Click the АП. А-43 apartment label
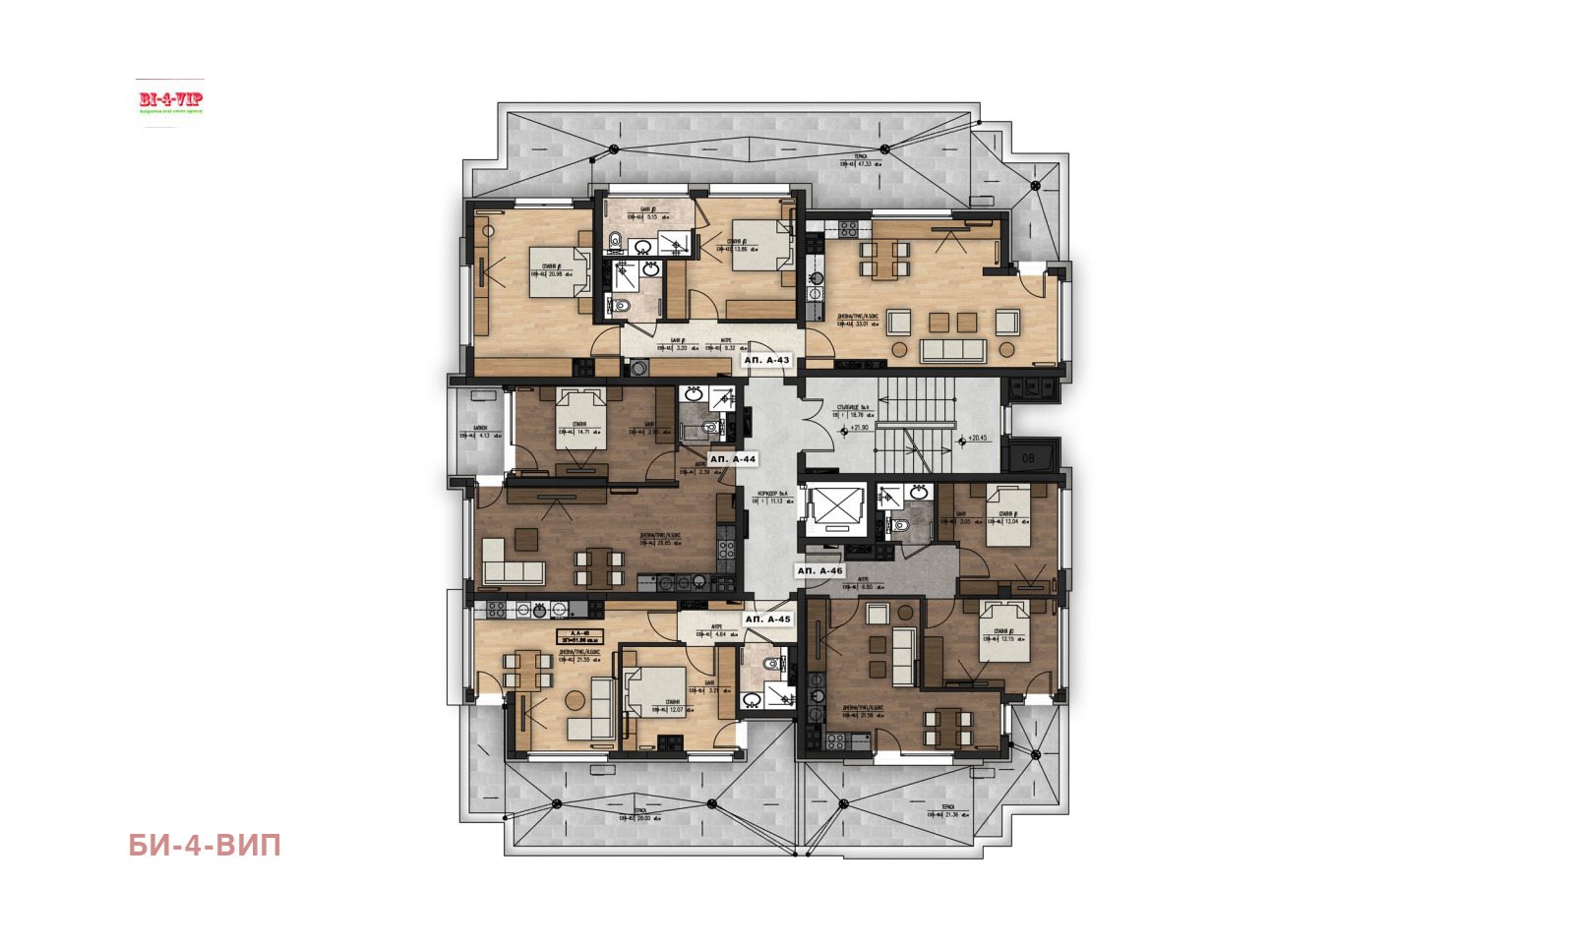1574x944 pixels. point(766,360)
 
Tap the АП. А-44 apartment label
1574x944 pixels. point(733,459)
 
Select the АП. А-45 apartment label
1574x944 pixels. point(767,619)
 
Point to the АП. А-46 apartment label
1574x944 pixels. point(819,570)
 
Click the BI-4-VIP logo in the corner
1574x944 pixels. point(170,101)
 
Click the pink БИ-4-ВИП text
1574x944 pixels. point(205,846)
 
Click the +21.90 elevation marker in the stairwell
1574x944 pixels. point(859,428)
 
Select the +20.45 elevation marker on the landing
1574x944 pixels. point(976,439)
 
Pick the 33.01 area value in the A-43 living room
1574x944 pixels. point(861,324)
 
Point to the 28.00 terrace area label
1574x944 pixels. point(643,818)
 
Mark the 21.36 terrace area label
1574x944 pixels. point(950,814)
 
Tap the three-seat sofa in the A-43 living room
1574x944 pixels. point(952,350)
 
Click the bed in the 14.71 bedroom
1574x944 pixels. point(581,419)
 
